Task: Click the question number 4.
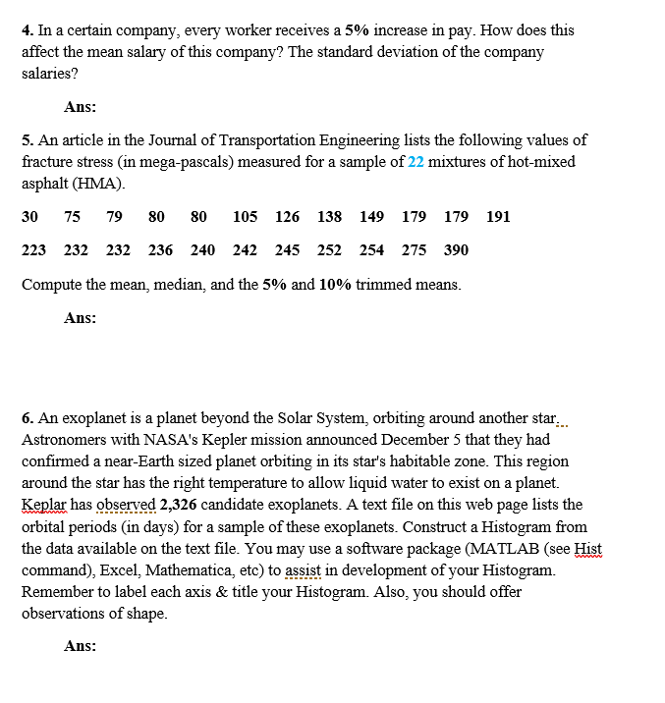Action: pos(27,29)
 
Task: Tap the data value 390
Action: pos(456,250)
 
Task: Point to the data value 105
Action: pos(246,216)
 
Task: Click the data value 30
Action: pos(30,216)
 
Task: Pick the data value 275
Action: pos(414,250)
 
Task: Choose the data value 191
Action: pos(498,216)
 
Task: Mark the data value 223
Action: pos(34,250)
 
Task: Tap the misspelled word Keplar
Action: pos(42,505)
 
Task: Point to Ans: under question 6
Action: pos(80,645)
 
